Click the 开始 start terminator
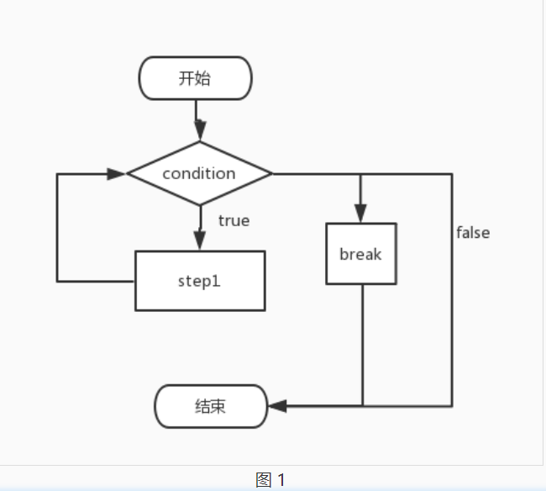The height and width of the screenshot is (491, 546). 195,78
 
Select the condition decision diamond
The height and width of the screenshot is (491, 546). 199,173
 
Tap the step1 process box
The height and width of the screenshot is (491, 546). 200,281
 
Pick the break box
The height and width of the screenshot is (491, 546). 361,254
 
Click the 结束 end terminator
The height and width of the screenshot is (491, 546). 211,407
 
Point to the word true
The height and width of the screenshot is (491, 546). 234,220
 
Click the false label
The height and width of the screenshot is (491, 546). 473,232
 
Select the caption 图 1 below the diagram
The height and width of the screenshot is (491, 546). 270,480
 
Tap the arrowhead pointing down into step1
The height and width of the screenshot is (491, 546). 199,241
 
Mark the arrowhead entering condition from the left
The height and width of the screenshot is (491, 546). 118,173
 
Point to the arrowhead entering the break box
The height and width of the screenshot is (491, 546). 361,214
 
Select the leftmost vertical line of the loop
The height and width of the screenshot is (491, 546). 57,227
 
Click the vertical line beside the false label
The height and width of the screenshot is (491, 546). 452,290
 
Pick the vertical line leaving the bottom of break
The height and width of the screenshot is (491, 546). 362,345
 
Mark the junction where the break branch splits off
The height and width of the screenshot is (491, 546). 361,174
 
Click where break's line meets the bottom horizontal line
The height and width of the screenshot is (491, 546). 362,406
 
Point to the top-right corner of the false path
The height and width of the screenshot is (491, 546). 452,174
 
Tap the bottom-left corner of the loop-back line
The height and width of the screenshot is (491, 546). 57,281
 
